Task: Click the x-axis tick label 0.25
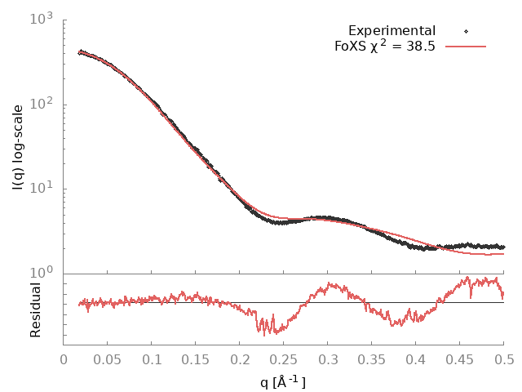284,359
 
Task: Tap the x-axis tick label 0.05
108,359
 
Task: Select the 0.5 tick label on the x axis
504,359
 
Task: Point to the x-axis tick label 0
64,359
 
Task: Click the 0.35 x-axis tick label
372,359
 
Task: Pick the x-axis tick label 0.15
196,359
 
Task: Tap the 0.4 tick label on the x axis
416,359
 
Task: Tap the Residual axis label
36,310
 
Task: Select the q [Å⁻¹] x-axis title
283,381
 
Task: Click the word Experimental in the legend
392,31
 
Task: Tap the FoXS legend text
352,47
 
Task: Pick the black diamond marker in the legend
466,31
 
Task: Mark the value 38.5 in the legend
419,47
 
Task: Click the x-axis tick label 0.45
460,359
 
